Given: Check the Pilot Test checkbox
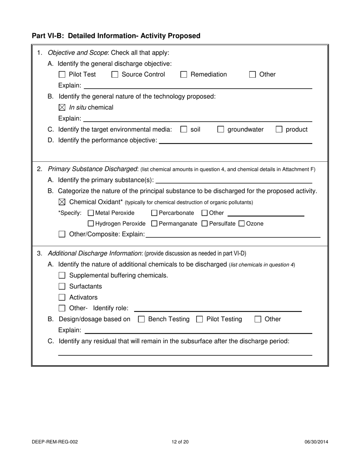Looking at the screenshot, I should pos(62,75).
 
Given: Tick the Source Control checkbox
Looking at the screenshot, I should pos(115,75).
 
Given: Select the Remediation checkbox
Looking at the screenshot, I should pos(184,75).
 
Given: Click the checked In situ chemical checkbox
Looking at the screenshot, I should pos(62,108).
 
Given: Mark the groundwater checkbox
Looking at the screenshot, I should pos(221,130).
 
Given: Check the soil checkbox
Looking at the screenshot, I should pos(184,130).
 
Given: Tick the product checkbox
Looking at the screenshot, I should pos(279,130).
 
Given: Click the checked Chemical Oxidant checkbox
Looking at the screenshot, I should pos(62,202).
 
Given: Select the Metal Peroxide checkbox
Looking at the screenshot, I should pos(91,213).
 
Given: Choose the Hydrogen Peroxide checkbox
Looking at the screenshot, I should pos(91,224).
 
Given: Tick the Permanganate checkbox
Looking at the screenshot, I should pos(154,224).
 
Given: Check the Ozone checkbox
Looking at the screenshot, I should pos(241,224).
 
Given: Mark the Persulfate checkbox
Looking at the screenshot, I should pos(205,224).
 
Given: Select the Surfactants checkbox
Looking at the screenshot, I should pos(62,286).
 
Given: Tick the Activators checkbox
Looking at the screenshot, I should pos(62,297).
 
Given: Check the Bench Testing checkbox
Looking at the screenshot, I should pos(141,319).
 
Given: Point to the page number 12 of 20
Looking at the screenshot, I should pos(180,442).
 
